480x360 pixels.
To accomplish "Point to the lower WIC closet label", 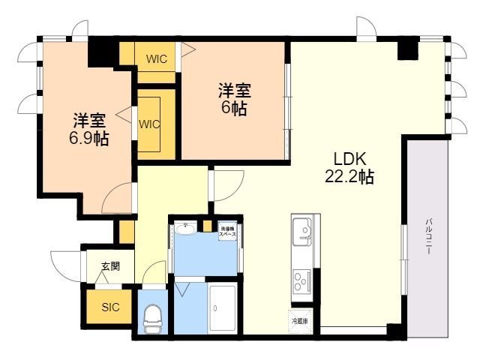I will [150, 124].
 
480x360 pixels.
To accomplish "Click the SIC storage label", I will [110, 307].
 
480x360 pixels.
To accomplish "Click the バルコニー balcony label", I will [429, 237].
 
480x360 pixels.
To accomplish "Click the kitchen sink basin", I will [304, 229].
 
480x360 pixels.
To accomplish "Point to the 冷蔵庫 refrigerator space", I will [299, 320].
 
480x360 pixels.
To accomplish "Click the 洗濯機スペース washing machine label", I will [227, 232].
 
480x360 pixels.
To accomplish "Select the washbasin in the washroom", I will [187, 228].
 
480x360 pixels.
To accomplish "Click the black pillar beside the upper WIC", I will [100, 51].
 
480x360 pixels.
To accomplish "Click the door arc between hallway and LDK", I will [226, 183].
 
